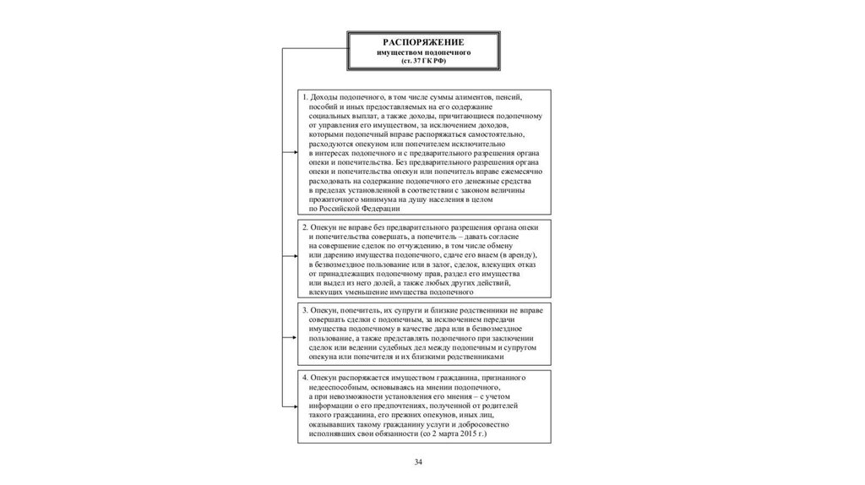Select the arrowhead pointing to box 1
[294, 153]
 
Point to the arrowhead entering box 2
[294, 259]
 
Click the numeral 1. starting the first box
[305, 98]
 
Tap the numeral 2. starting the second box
[305, 228]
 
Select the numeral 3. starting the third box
[305, 310]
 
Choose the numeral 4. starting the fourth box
[305, 375]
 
